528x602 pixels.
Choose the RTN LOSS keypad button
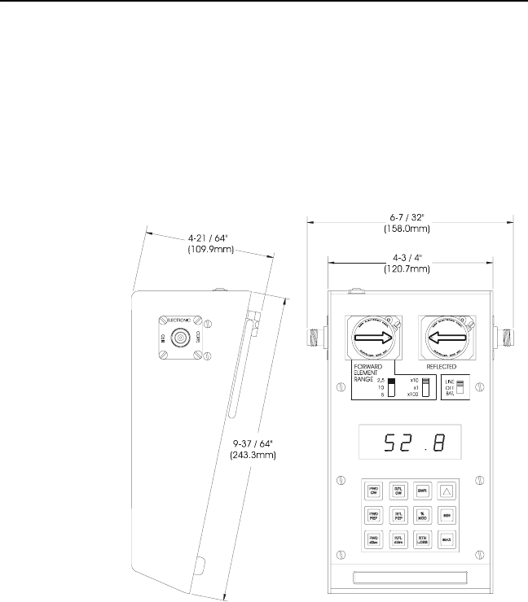coord(423,539)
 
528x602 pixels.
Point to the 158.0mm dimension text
coord(410,229)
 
